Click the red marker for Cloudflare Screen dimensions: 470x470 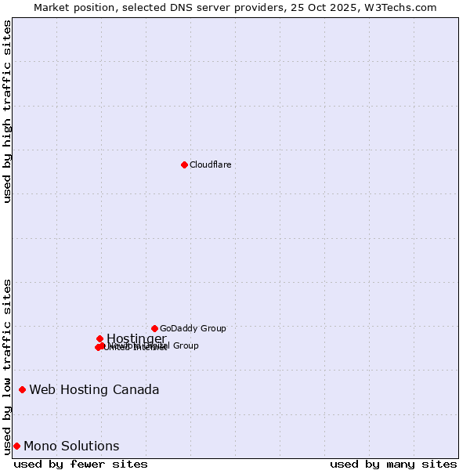184,164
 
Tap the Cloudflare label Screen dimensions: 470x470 210,164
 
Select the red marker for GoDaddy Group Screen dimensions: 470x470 154,328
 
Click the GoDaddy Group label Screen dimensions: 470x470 193,328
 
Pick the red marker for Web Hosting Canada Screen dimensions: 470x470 22,389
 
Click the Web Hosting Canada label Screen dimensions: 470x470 94,389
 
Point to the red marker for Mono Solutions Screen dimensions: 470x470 16,446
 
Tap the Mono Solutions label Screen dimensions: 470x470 71,446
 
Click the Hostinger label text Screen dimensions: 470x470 136,338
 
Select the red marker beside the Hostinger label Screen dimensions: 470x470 99,338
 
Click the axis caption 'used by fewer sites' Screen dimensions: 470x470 81,464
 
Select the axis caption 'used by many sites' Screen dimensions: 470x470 393,464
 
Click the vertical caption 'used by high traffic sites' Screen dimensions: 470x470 8,111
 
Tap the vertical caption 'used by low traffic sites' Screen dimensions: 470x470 8,366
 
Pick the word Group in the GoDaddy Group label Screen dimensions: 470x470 212,328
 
